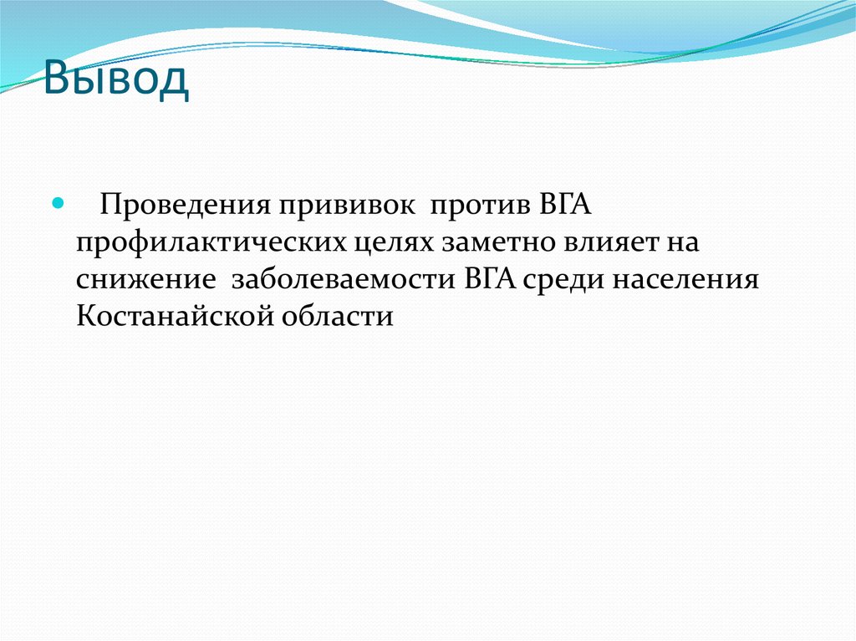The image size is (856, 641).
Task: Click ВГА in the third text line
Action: [x=493, y=278]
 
